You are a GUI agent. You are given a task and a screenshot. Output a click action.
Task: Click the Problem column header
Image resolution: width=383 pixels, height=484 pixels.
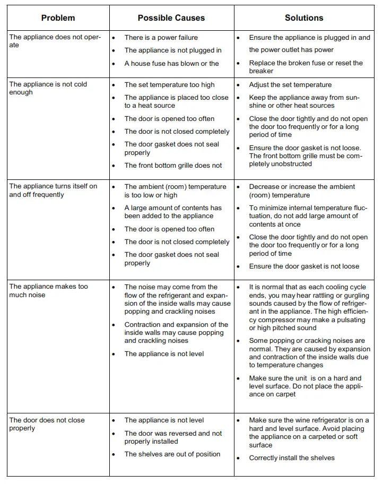58,18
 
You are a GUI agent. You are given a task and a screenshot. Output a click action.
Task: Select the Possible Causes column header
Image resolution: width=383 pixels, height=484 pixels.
171,18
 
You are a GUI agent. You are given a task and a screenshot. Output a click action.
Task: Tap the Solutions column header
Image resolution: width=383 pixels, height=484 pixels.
303,18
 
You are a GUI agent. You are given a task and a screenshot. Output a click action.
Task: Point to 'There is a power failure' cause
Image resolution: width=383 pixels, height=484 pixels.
161,38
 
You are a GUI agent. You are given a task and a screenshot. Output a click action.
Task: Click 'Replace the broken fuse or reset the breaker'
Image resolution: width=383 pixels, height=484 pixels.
306,67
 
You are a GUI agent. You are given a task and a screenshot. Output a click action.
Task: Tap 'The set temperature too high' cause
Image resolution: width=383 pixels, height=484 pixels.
169,85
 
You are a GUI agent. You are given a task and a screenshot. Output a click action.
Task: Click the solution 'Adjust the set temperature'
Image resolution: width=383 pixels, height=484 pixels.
290,85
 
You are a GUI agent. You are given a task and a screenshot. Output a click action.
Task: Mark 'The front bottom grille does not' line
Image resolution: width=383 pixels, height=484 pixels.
173,166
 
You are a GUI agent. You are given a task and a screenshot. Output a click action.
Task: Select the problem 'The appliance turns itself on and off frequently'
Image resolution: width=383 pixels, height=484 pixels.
53,191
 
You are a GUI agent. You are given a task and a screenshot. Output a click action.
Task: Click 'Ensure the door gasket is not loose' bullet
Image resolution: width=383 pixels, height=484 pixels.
304,266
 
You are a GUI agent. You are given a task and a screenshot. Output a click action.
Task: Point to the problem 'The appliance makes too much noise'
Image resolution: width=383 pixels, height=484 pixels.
48,291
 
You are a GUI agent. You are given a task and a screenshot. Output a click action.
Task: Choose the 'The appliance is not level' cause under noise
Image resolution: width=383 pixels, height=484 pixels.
164,354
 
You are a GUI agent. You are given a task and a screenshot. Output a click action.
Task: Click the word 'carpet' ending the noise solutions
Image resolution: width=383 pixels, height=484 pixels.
285,394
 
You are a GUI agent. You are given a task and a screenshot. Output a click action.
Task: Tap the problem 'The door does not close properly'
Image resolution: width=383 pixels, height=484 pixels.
47,424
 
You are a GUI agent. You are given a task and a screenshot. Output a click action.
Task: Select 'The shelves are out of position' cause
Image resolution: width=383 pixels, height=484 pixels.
172,454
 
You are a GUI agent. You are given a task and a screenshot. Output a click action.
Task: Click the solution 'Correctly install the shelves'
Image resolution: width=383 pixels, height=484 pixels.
292,458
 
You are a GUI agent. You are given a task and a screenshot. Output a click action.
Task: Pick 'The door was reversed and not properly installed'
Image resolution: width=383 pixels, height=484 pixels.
173,437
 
